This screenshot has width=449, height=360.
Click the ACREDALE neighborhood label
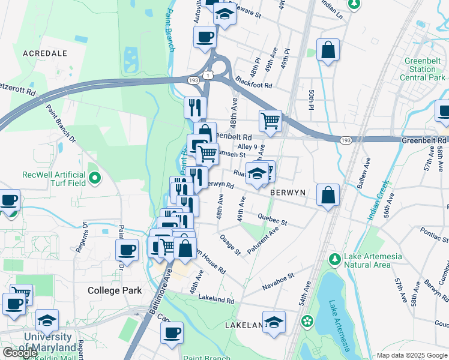(x=44, y=53)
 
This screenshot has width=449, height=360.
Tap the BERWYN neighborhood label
(x=288, y=193)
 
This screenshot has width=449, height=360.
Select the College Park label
(x=115, y=290)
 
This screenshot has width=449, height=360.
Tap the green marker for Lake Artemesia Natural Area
(x=335, y=260)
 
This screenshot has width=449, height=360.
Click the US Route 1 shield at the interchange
(x=207, y=75)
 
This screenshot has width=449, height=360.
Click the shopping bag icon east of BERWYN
(x=328, y=195)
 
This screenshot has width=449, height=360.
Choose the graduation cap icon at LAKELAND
(x=274, y=322)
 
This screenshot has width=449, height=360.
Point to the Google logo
(x=20, y=352)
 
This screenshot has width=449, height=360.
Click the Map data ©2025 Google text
(x=412, y=355)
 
